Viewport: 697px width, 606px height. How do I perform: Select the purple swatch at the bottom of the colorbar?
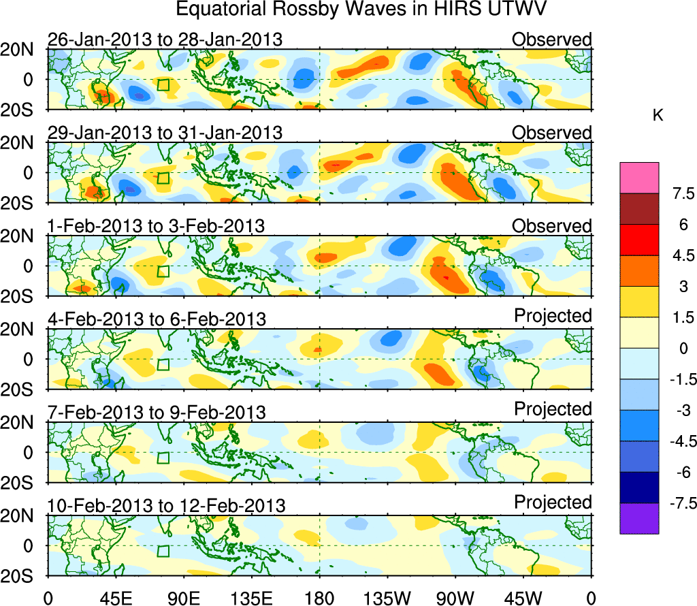[x=639, y=517]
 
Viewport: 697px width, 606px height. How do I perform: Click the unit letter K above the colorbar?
[x=658, y=116]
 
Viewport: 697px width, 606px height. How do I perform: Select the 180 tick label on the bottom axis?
[x=319, y=599]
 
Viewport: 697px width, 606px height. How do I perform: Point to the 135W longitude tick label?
[x=387, y=599]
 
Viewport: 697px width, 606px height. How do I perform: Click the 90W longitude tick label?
[x=455, y=599]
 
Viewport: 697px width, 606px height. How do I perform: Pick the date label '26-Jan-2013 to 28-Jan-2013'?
[x=165, y=39]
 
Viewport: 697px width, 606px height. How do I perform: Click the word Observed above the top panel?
[x=552, y=39]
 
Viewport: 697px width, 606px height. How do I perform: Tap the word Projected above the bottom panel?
[x=553, y=503]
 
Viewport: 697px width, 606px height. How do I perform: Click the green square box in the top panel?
[x=163, y=85]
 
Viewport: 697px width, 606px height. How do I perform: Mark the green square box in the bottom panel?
[x=163, y=552]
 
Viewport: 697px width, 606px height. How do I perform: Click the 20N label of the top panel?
[x=22, y=50]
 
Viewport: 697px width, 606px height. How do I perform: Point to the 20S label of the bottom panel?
[x=22, y=576]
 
